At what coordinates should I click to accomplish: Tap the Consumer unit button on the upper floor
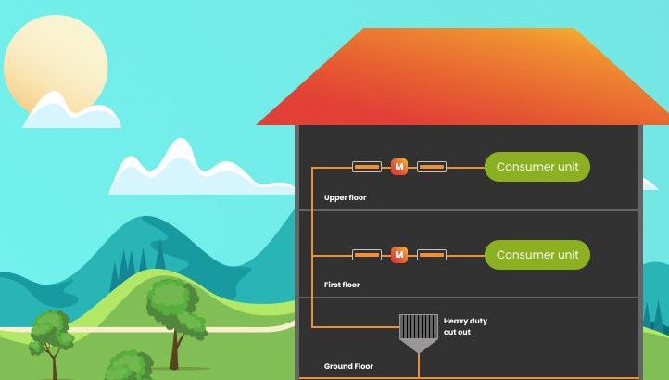click(536, 167)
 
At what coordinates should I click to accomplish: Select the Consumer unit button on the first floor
click(536, 255)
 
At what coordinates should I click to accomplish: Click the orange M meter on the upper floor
click(399, 167)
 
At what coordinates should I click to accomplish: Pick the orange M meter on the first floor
click(399, 254)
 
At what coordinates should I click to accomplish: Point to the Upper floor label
click(345, 197)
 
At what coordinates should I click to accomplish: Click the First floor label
click(342, 285)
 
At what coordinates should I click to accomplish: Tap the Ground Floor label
click(348, 366)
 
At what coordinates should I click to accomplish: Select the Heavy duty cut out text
click(465, 326)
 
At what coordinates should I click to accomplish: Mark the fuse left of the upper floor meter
click(367, 167)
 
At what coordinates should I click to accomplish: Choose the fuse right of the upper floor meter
click(432, 167)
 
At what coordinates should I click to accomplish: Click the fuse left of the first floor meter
click(367, 254)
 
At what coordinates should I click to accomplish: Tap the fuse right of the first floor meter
click(432, 254)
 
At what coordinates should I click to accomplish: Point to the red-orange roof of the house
click(463, 79)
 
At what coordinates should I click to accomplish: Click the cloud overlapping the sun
click(71, 113)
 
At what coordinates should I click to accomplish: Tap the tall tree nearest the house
click(175, 311)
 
